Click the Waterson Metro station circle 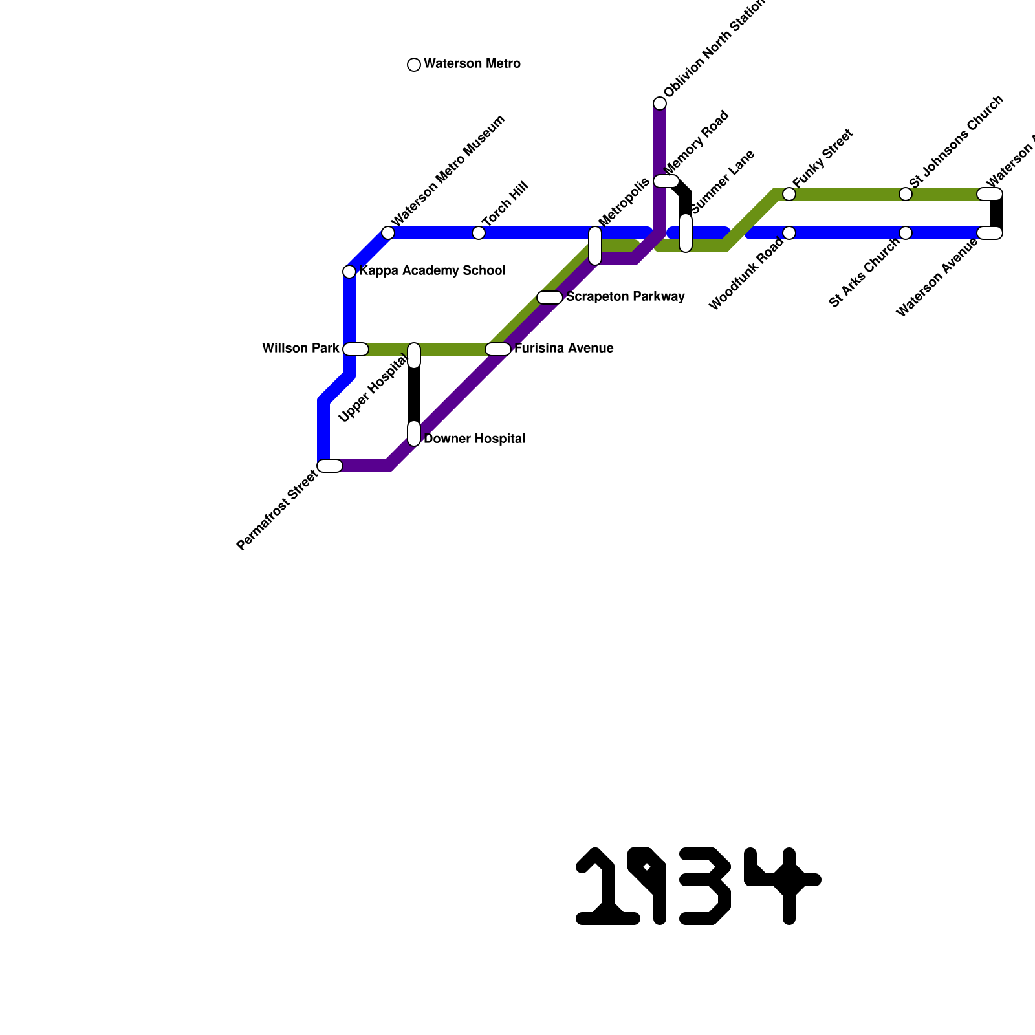click(414, 65)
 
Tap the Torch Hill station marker click(479, 233)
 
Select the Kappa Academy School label click(432, 271)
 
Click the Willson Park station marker click(355, 349)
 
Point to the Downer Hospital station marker click(414, 433)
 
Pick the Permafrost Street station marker click(330, 466)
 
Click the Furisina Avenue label click(564, 349)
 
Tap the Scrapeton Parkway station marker click(550, 298)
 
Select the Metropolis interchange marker click(595, 246)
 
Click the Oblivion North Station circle click(660, 103)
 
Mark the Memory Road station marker click(666, 181)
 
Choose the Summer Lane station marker click(686, 233)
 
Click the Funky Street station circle click(789, 194)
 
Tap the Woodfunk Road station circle click(789, 233)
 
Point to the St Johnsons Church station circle click(906, 194)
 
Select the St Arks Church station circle click(906, 233)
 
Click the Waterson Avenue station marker click(990, 233)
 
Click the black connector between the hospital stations click(414, 395)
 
